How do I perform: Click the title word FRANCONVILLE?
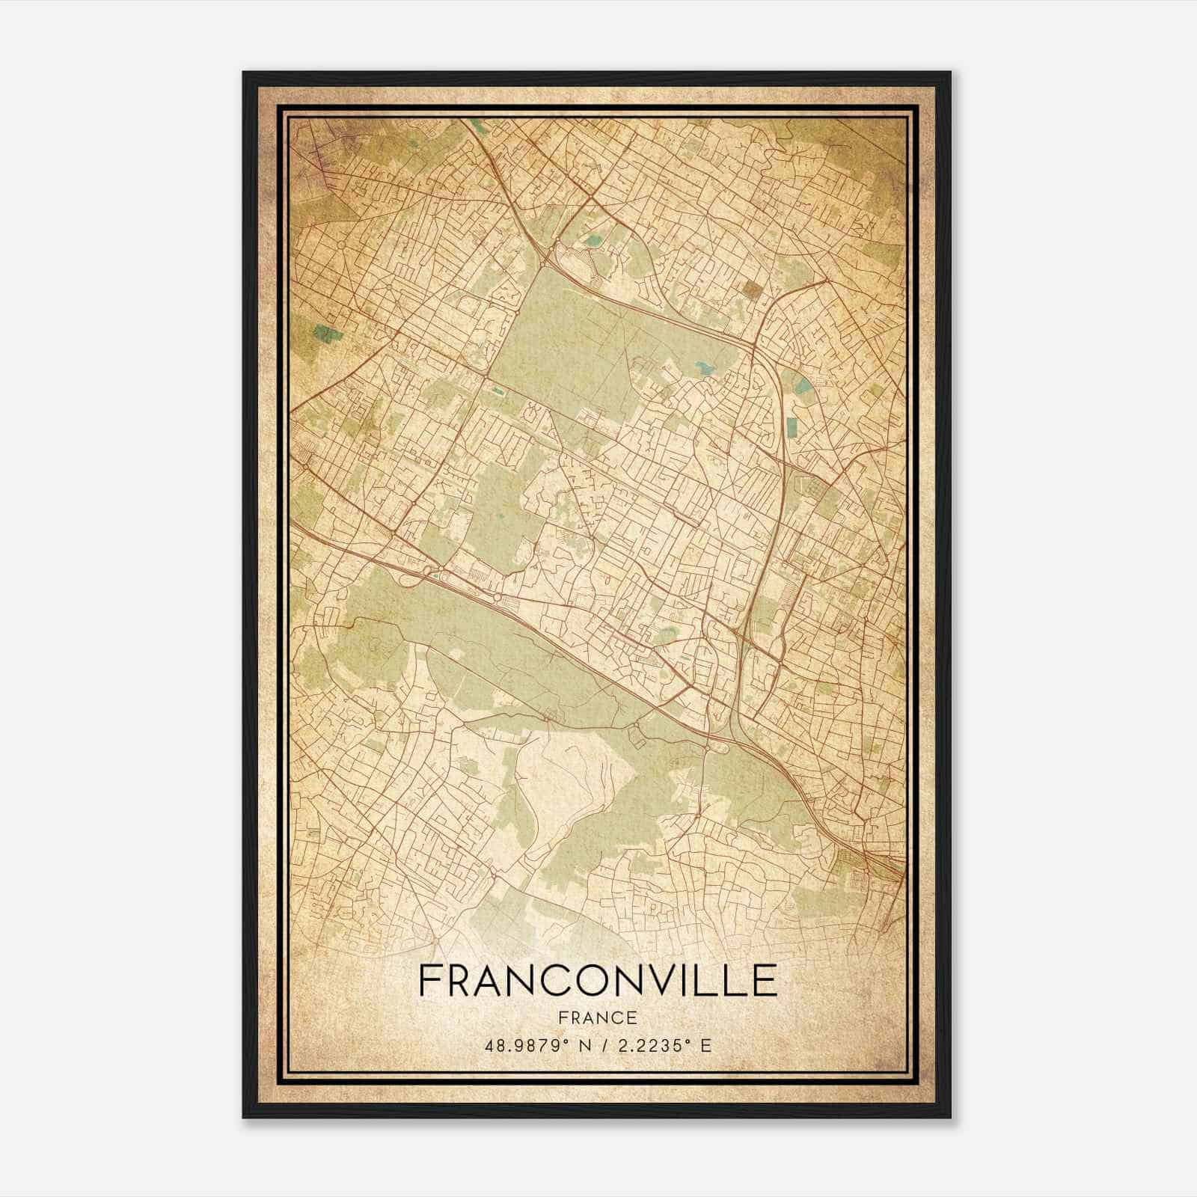[x=597, y=981]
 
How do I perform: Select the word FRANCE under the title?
[x=597, y=1017]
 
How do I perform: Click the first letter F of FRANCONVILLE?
[x=431, y=981]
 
